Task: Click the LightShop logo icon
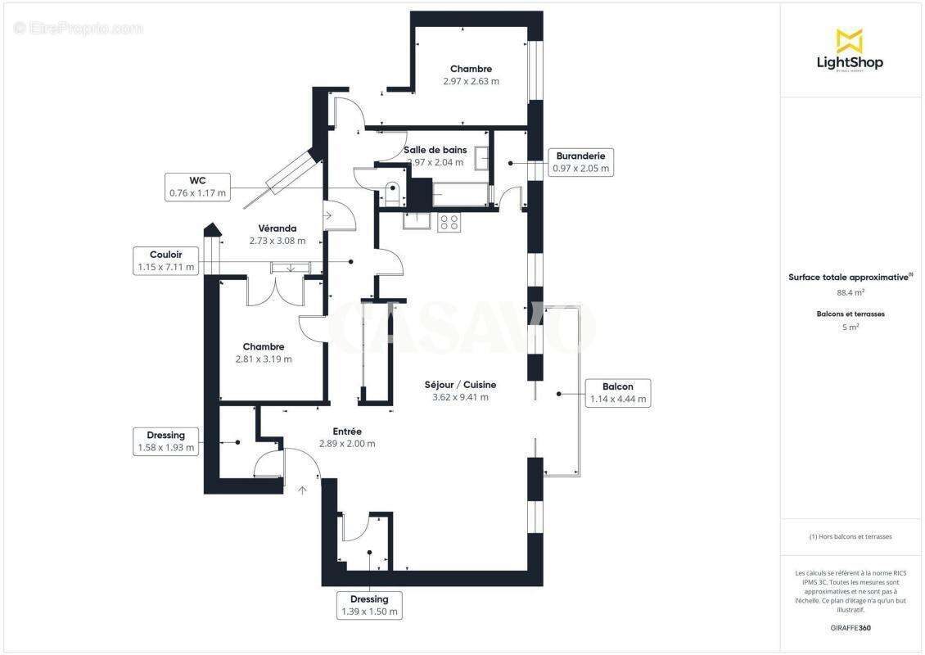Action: pos(849,40)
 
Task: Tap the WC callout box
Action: pos(197,187)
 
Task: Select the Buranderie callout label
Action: pos(580,162)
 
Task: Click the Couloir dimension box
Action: pos(165,260)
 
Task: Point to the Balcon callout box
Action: pos(617,393)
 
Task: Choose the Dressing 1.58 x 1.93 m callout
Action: pos(165,441)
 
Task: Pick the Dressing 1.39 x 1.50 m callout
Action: pos(369,605)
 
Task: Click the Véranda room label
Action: pos(277,234)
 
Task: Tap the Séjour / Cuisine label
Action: pos(460,391)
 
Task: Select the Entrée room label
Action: pos(347,437)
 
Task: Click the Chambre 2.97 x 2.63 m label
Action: pos(471,75)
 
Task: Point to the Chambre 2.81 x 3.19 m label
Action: pos(264,353)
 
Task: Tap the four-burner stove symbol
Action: pos(449,222)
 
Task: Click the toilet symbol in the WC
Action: pos(393,191)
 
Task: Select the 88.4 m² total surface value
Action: pos(851,292)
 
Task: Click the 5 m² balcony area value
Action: pos(851,327)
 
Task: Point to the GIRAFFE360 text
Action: pos(851,628)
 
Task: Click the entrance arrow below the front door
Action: pos(302,490)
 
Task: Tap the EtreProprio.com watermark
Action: pos(78,28)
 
